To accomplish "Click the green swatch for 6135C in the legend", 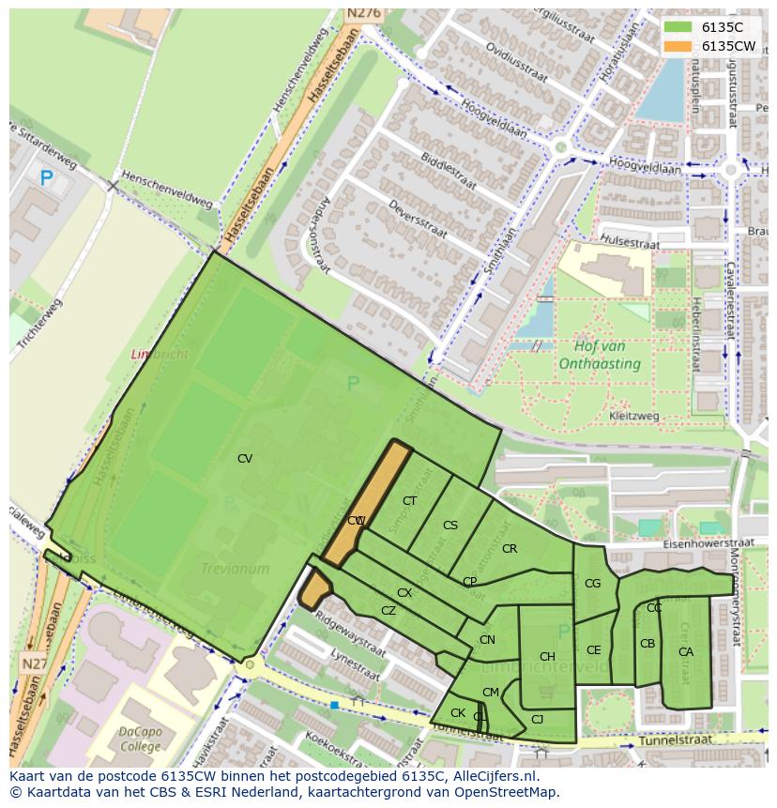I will (678, 27).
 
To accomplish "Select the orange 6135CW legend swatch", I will (678, 46).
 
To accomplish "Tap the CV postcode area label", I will (245, 459).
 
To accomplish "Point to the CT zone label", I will (409, 501).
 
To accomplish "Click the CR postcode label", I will (510, 549).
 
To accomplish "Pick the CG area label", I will (592, 584).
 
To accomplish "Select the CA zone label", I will (686, 652).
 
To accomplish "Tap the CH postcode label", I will (547, 657).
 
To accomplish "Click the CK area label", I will (458, 713).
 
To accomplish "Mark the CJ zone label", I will (537, 720).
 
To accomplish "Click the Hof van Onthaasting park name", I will (600, 356).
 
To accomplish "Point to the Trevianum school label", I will (235, 569).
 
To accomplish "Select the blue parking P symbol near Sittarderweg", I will (46, 176).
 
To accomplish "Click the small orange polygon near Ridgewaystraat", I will (314, 590).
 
